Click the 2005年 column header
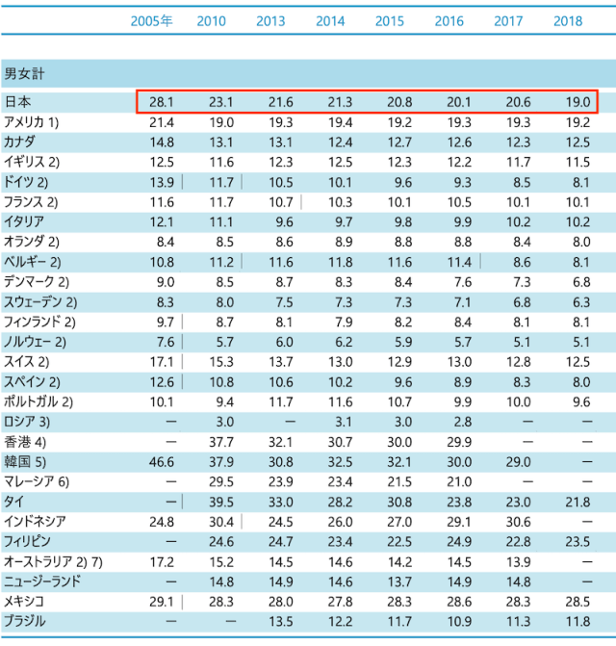[151, 21]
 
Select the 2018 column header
[568, 21]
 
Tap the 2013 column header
[270, 21]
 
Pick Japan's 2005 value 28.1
[162, 102]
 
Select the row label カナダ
[22, 142]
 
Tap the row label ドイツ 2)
[27, 182]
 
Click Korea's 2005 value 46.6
[162, 462]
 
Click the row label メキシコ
[25, 602]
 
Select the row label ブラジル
[25, 622]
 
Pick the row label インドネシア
[35, 522]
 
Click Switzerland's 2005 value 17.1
[162, 362]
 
